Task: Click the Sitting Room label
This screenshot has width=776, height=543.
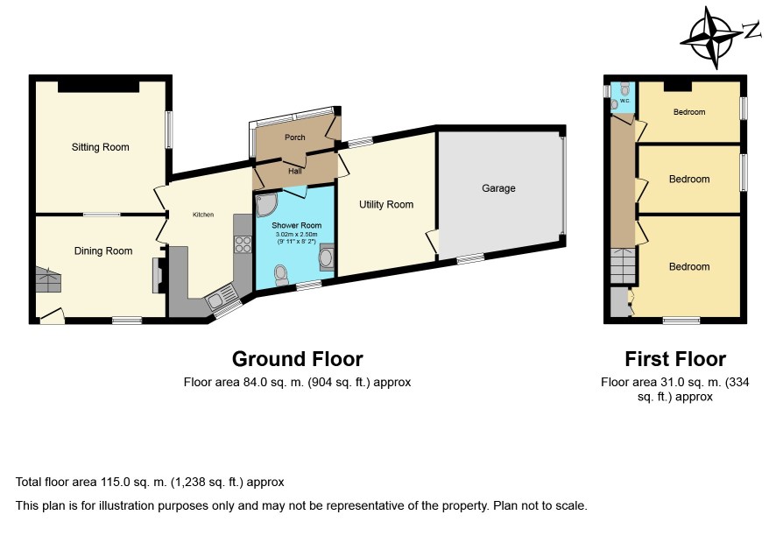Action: pos(100,147)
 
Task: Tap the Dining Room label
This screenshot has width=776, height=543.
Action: pos(103,251)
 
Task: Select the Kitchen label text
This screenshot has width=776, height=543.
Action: pos(203,215)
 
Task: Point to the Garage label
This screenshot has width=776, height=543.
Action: pos(498,188)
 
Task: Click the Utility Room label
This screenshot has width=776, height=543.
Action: pos(386,204)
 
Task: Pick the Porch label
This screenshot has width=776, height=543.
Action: pos(295,138)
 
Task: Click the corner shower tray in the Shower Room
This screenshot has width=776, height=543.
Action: pos(266,205)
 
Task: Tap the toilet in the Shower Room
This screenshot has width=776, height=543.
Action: pos(281,275)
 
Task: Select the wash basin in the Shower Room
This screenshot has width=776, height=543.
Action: pos(327,257)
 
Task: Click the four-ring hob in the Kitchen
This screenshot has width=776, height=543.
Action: pos(243,244)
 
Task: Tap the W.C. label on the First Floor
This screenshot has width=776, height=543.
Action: pos(624,101)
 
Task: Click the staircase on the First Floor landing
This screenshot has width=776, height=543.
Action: pos(623,265)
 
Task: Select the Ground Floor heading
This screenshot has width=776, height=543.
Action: pos(298,359)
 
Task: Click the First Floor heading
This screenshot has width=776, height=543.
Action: pos(675,359)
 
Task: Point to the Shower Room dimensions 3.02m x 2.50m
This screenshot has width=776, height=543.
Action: pos(296,234)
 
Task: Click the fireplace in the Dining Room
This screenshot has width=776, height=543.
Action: pos(159,275)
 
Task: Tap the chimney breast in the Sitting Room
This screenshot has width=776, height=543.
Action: pos(98,87)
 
